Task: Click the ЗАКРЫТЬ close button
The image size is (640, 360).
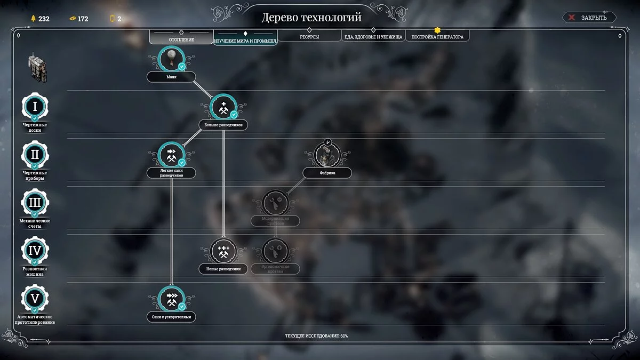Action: pos(589,18)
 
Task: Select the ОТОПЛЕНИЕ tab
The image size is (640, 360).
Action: pos(181,39)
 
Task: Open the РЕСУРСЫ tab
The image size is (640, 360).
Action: pos(309,37)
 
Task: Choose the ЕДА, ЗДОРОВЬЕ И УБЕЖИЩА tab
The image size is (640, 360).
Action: pos(373,37)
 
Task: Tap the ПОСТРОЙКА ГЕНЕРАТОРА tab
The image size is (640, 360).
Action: pos(437,37)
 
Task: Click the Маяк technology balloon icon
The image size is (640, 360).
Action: pos(171,59)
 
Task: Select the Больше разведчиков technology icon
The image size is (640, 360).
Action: pos(223,107)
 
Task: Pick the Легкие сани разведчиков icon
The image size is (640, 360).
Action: pos(171,155)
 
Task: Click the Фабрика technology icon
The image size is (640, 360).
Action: pos(327,155)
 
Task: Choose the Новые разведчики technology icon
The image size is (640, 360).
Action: pos(223,251)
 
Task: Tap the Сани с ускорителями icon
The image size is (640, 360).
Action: pos(171,299)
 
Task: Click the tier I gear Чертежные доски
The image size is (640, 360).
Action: pos(35,107)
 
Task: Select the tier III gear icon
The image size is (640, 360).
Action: pos(35,203)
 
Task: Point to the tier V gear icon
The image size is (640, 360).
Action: pos(35,299)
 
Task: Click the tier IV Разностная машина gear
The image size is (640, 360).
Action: pos(35,251)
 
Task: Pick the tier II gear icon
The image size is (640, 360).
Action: pos(35,155)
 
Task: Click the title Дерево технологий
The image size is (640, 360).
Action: pos(311,17)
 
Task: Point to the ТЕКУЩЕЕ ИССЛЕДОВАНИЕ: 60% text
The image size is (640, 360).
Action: pos(317,336)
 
